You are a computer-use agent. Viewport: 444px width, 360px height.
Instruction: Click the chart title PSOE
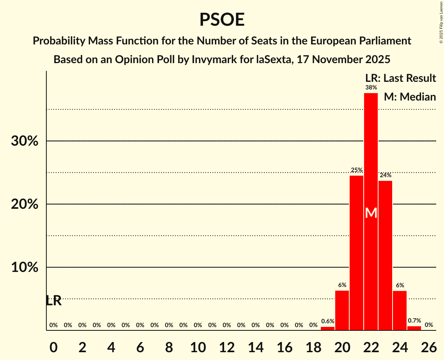coord(222,20)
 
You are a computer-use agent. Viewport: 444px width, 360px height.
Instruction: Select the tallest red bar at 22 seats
coord(371,156)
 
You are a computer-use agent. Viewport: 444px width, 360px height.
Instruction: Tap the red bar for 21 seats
coord(356,253)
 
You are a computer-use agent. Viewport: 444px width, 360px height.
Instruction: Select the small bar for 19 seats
coord(327,328)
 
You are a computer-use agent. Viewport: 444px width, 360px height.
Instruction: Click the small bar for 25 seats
coord(414,328)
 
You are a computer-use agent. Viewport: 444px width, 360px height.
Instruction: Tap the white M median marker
coord(371,213)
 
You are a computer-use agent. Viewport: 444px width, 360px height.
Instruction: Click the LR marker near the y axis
coord(53,301)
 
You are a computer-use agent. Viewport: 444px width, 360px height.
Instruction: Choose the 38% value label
coord(371,88)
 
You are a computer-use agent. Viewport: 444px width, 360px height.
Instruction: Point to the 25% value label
coord(357,170)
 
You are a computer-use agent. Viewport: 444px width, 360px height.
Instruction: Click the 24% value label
coord(386,175)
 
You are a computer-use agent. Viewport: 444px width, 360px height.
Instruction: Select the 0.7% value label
coord(414,321)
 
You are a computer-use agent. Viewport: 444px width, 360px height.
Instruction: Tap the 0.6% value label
coord(328,321)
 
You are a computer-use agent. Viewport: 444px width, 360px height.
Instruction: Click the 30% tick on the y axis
coord(25,141)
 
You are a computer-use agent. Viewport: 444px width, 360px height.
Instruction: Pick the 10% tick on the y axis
coord(25,268)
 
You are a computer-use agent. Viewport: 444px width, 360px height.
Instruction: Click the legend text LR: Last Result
coord(400,78)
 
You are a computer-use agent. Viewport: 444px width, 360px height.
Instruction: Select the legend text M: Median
coord(410,97)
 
